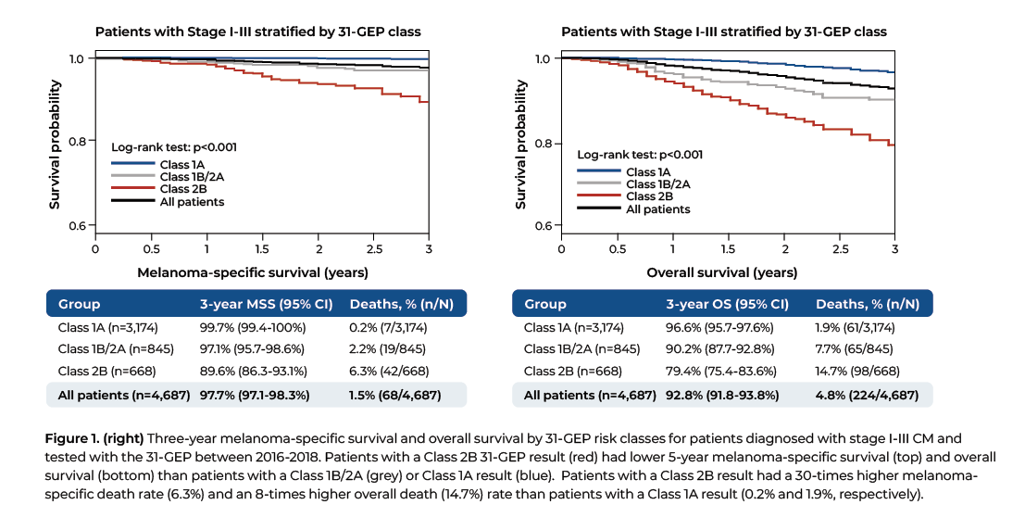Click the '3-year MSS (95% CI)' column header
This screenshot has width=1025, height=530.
(255, 304)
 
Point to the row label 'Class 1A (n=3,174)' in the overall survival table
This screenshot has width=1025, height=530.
(574, 328)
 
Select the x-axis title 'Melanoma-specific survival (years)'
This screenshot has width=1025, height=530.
(253, 272)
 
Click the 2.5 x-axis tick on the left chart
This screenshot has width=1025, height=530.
(373, 249)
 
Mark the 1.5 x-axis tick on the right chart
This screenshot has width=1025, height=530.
(728, 250)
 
